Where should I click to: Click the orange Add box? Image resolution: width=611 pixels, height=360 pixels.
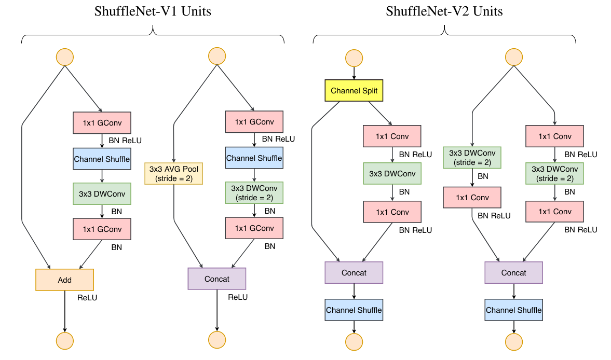tap(64, 280)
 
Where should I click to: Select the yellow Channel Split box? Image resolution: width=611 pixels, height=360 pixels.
tap(354, 91)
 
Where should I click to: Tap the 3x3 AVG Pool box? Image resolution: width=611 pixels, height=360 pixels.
tap(173, 174)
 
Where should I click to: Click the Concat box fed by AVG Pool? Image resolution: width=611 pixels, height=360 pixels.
tap(216, 279)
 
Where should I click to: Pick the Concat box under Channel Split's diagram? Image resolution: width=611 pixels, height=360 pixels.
tap(354, 272)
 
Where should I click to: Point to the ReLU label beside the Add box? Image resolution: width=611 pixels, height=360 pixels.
tap(87, 298)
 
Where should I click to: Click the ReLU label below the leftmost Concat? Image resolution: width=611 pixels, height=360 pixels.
tap(238, 297)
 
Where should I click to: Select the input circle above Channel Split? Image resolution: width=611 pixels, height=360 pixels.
tap(354, 58)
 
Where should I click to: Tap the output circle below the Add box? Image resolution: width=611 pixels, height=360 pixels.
tap(64, 340)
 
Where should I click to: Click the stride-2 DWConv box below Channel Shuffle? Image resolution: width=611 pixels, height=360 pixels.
tap(254, 192)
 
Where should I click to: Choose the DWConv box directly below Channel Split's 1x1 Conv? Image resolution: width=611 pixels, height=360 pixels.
tap(392, 174)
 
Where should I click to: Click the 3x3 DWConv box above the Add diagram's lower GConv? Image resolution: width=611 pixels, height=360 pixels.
tap(102, 193)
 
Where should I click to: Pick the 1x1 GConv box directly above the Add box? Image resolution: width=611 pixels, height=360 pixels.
tap(102, 229)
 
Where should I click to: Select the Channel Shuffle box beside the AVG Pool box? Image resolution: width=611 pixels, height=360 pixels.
tap(254, 158)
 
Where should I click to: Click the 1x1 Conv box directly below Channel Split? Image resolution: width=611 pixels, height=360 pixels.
tap(392, 136)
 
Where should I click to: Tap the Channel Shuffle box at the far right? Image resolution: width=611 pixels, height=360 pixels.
tap(513, 310)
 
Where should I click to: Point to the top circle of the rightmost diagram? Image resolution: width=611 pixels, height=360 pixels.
tap(513, 57)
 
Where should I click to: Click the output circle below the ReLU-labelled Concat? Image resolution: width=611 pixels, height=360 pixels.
tap(216, 339)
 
